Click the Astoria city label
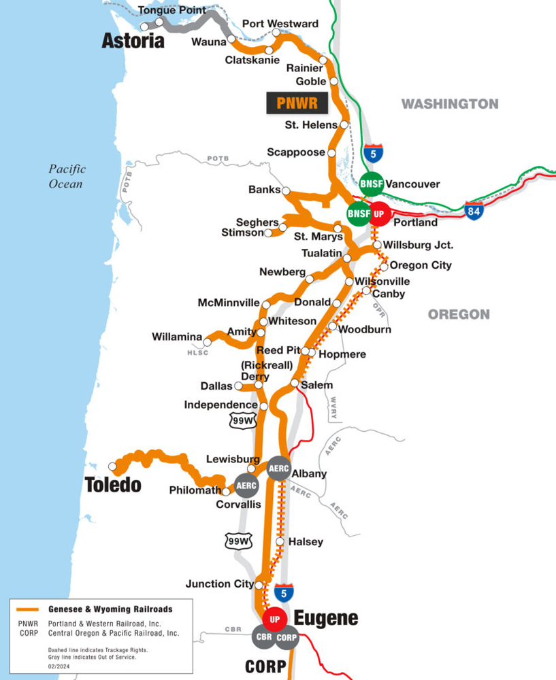[x=133, y=41]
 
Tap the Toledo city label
[x=113, y=485]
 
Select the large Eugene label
[x=326, y=618]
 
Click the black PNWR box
[x=297, y=103]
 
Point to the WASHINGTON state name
[x=449, y=104]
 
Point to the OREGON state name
[x=459, y=314]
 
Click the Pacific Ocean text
[x=66, y=176]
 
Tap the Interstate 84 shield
[x=474, y=210]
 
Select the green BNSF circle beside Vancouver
[x=372, y=184]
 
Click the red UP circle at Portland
[x=379, y=214]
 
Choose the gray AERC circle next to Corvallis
[x=246, y=486]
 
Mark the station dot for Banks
[x=286, y=191]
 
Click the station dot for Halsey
[x=280, y=542]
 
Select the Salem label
[x=316, y=386]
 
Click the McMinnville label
[x=229, y=303]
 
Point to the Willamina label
[x=177, y=337]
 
